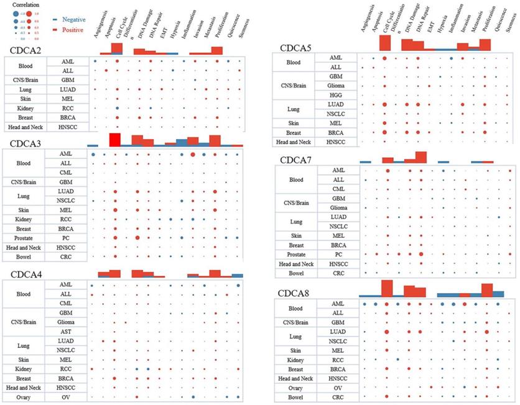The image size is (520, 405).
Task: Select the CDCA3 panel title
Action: [30, 143]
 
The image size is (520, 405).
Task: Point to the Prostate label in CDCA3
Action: [24, 237]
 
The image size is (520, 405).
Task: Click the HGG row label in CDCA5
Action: [335, 94]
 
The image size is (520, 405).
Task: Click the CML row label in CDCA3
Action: [65, 171]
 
